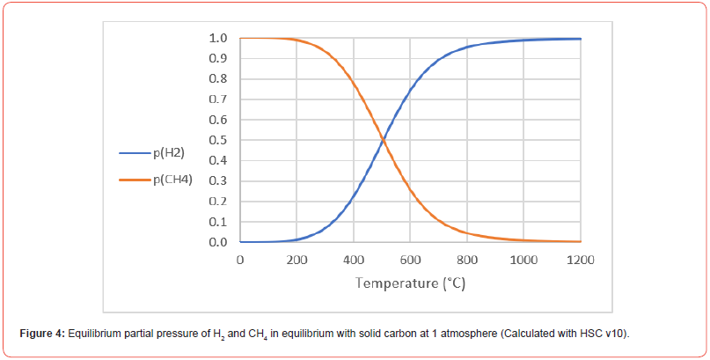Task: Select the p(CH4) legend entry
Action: click(172, 180)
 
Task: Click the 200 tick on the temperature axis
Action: click(296, 260)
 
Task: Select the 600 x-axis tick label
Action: click(410, 260)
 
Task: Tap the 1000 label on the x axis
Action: click(523, 260)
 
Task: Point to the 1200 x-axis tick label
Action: click(581, 260)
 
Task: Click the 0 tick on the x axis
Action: click(240, 260)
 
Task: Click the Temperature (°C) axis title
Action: click(410, 283)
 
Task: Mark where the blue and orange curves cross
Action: click(383, 140)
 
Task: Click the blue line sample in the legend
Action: click(135, 153)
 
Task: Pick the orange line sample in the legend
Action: click(135, 180)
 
